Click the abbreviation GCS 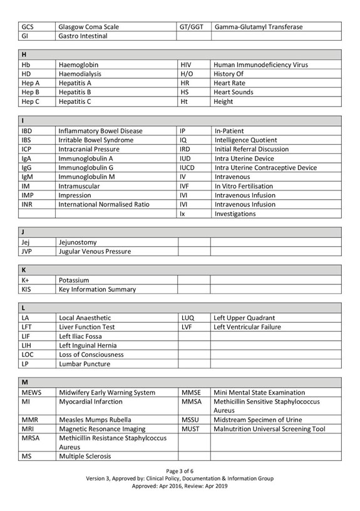coord(28,27)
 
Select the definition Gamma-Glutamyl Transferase coord(258,27)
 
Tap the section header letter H coord(24,55)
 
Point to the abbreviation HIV coord(187,65)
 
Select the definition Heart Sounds coord(234,92)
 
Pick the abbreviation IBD coord(27,131)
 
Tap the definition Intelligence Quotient coord(245,140)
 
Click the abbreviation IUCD coord(188,168)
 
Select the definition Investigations coord(235,214)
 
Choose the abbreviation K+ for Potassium coord(26,280)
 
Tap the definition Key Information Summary coord(97,289)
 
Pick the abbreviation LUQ coord(188,317)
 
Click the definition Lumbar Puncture coord(85,364)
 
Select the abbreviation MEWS coord(31,393)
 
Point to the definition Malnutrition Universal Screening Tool coord(269,429)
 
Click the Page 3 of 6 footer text coord(180,471)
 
